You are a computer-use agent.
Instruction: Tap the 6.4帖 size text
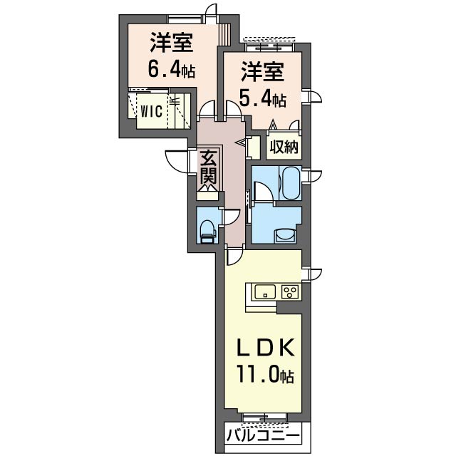tap(170, 70)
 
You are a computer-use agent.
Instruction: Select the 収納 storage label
tap(284, 147)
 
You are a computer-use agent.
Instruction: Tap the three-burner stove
tap(289, 291)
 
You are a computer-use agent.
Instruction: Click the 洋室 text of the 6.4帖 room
tap(170, 43)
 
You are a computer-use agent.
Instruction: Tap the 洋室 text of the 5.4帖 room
tap(262, 73)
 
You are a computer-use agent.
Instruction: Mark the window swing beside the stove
tap(313, 274)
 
